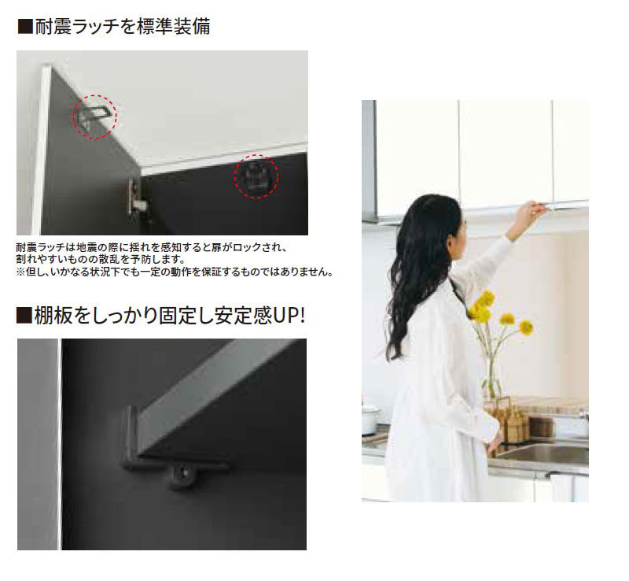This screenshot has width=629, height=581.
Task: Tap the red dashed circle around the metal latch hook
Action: coord(95,116)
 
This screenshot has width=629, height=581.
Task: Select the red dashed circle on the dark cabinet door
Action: coord(256,179)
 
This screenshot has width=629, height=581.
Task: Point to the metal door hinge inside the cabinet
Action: coord(136,198)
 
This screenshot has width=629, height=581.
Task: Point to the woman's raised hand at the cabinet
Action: coord(532,210)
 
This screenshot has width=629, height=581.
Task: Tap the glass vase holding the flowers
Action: coord(492,378)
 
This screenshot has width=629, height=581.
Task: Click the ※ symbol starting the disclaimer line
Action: coord(20,272)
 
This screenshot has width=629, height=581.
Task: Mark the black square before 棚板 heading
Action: coord(24,316)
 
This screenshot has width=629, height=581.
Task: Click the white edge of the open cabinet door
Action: coord(40,150)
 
